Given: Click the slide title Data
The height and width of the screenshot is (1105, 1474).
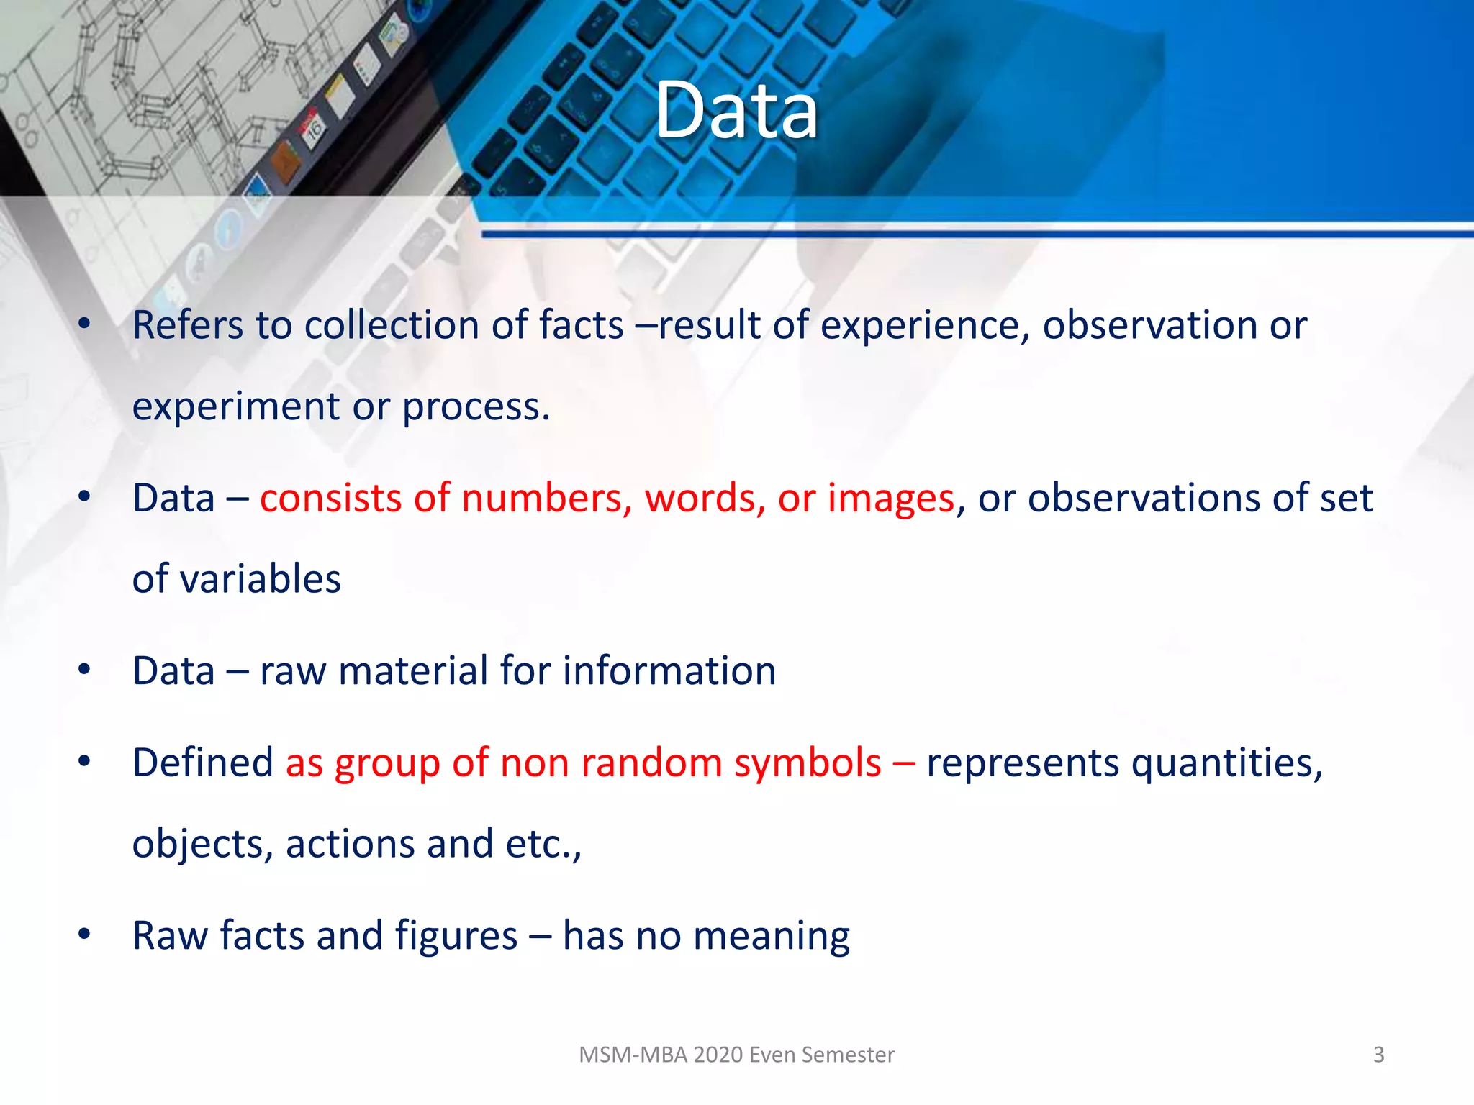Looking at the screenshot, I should click(736, 111).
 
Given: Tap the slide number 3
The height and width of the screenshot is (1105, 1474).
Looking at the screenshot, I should click(1378, 1055).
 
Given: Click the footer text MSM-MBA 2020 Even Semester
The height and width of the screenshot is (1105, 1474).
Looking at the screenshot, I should click(736, 1055).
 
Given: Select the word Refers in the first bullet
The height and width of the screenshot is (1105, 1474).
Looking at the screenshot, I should click(188, 325).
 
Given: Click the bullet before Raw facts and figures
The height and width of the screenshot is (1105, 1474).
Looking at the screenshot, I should click(84, 935).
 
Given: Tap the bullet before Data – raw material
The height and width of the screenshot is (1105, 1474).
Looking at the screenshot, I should click(84, 670).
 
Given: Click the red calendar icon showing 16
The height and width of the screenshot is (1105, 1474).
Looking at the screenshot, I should click(313, 129).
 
